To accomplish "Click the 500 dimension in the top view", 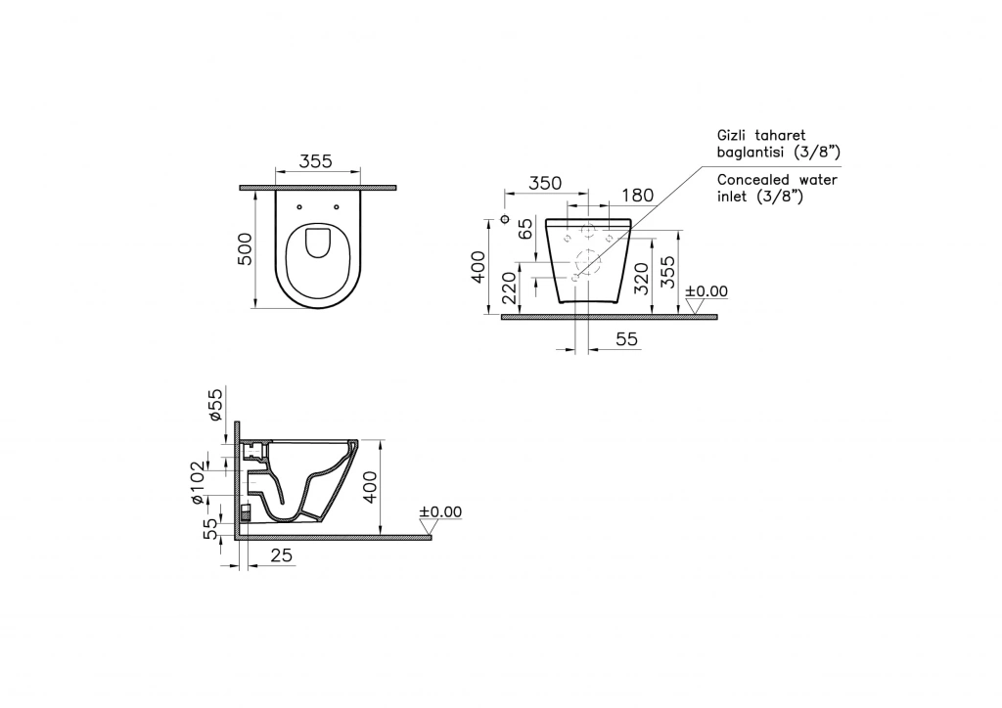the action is (x=246, y=249).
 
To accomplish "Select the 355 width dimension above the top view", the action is (x=316, y=161).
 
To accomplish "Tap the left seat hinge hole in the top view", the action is (x=299, y=207).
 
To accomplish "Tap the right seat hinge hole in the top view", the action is (x=337, y=207).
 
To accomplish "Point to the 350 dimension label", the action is (x=545, y=183).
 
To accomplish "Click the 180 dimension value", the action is (x=637, y=196).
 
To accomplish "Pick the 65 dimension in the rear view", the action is (x=525, y=229).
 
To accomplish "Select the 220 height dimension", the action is (x=509, y=288).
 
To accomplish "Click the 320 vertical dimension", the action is (x=642, y=279).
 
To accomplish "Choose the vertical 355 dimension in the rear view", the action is (x=667, y=273).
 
